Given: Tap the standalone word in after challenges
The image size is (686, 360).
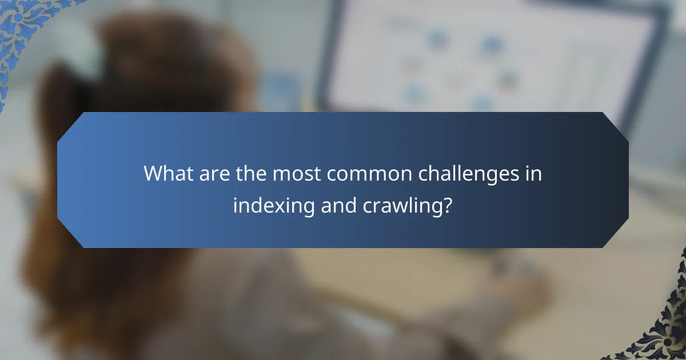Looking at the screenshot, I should [533, 174].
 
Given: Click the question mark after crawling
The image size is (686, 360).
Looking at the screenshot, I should [448, 205].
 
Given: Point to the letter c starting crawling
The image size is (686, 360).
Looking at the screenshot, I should [368, 207].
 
